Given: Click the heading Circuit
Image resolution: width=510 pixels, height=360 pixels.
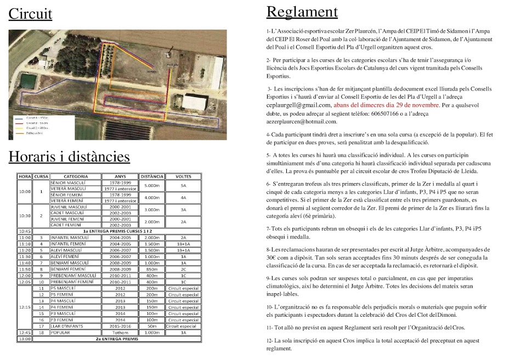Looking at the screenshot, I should click(30, 14).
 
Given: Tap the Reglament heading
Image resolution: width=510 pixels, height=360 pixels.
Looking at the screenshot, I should click(302, 12).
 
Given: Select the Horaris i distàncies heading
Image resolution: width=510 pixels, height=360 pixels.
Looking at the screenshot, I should click(69, 157).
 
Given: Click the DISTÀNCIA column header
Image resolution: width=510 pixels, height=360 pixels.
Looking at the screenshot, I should click(152, 176).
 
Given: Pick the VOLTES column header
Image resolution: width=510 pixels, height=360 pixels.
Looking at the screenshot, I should click(183, 176).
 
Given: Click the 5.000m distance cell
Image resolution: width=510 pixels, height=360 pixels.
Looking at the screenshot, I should click(152, 185).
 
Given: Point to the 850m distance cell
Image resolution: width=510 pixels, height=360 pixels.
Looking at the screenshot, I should click(152, 269).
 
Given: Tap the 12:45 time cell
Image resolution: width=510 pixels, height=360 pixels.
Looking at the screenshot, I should click(25, 333).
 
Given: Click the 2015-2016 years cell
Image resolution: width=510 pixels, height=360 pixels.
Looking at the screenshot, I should click(117, 326).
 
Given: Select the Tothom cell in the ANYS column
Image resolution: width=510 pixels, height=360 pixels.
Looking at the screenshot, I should click(117, 333).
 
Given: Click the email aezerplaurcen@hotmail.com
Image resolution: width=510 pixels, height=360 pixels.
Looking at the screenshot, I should click(302, 122).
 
